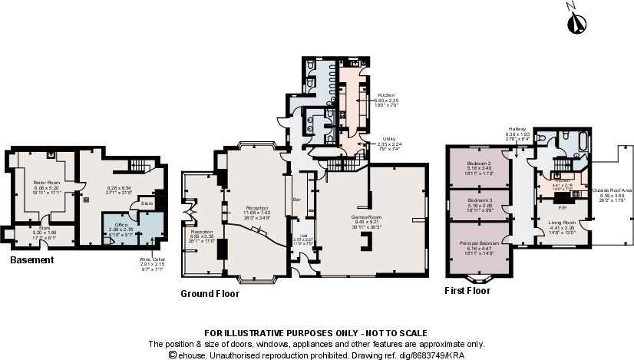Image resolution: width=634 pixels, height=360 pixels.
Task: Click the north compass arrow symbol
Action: coord(573,22)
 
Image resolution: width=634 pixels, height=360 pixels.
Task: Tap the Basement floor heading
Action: coord(32,261)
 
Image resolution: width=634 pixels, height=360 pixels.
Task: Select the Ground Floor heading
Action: coord(210,294)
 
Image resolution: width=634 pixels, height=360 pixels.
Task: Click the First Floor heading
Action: coord(467,292)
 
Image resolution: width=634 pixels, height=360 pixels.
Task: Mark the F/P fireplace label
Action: coord(563,207)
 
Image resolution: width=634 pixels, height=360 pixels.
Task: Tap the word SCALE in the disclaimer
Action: coord(411,333)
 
